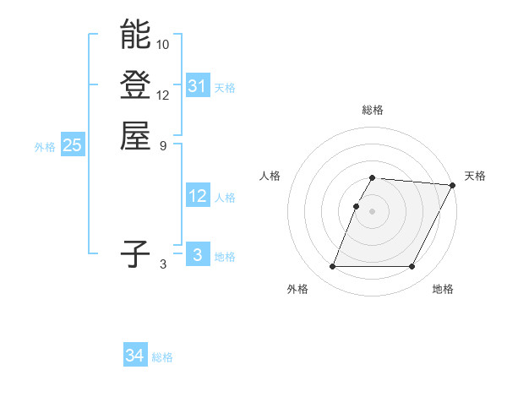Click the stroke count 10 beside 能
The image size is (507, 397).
[x=163, y=44]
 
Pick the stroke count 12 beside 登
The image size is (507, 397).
[x=163, y=95]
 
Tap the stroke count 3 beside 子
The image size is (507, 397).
[x=163, y=264]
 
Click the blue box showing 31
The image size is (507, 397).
[x=198, y=86]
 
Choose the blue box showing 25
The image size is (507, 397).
[x=73, y=145]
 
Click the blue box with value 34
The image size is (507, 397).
[x=135, y=356]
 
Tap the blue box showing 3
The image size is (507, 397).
[x=198, y=255]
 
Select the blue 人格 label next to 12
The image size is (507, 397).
[x=225, y=198]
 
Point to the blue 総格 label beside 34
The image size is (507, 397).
[x=162, y=357]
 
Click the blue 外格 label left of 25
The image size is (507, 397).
[x=45, y=146]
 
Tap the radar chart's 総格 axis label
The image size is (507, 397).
[x=373, y=110]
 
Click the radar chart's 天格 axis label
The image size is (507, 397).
[x=476, y=176]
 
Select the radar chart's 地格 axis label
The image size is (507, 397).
[x=443, y=290]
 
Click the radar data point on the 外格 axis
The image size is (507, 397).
[x=333, y=267]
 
